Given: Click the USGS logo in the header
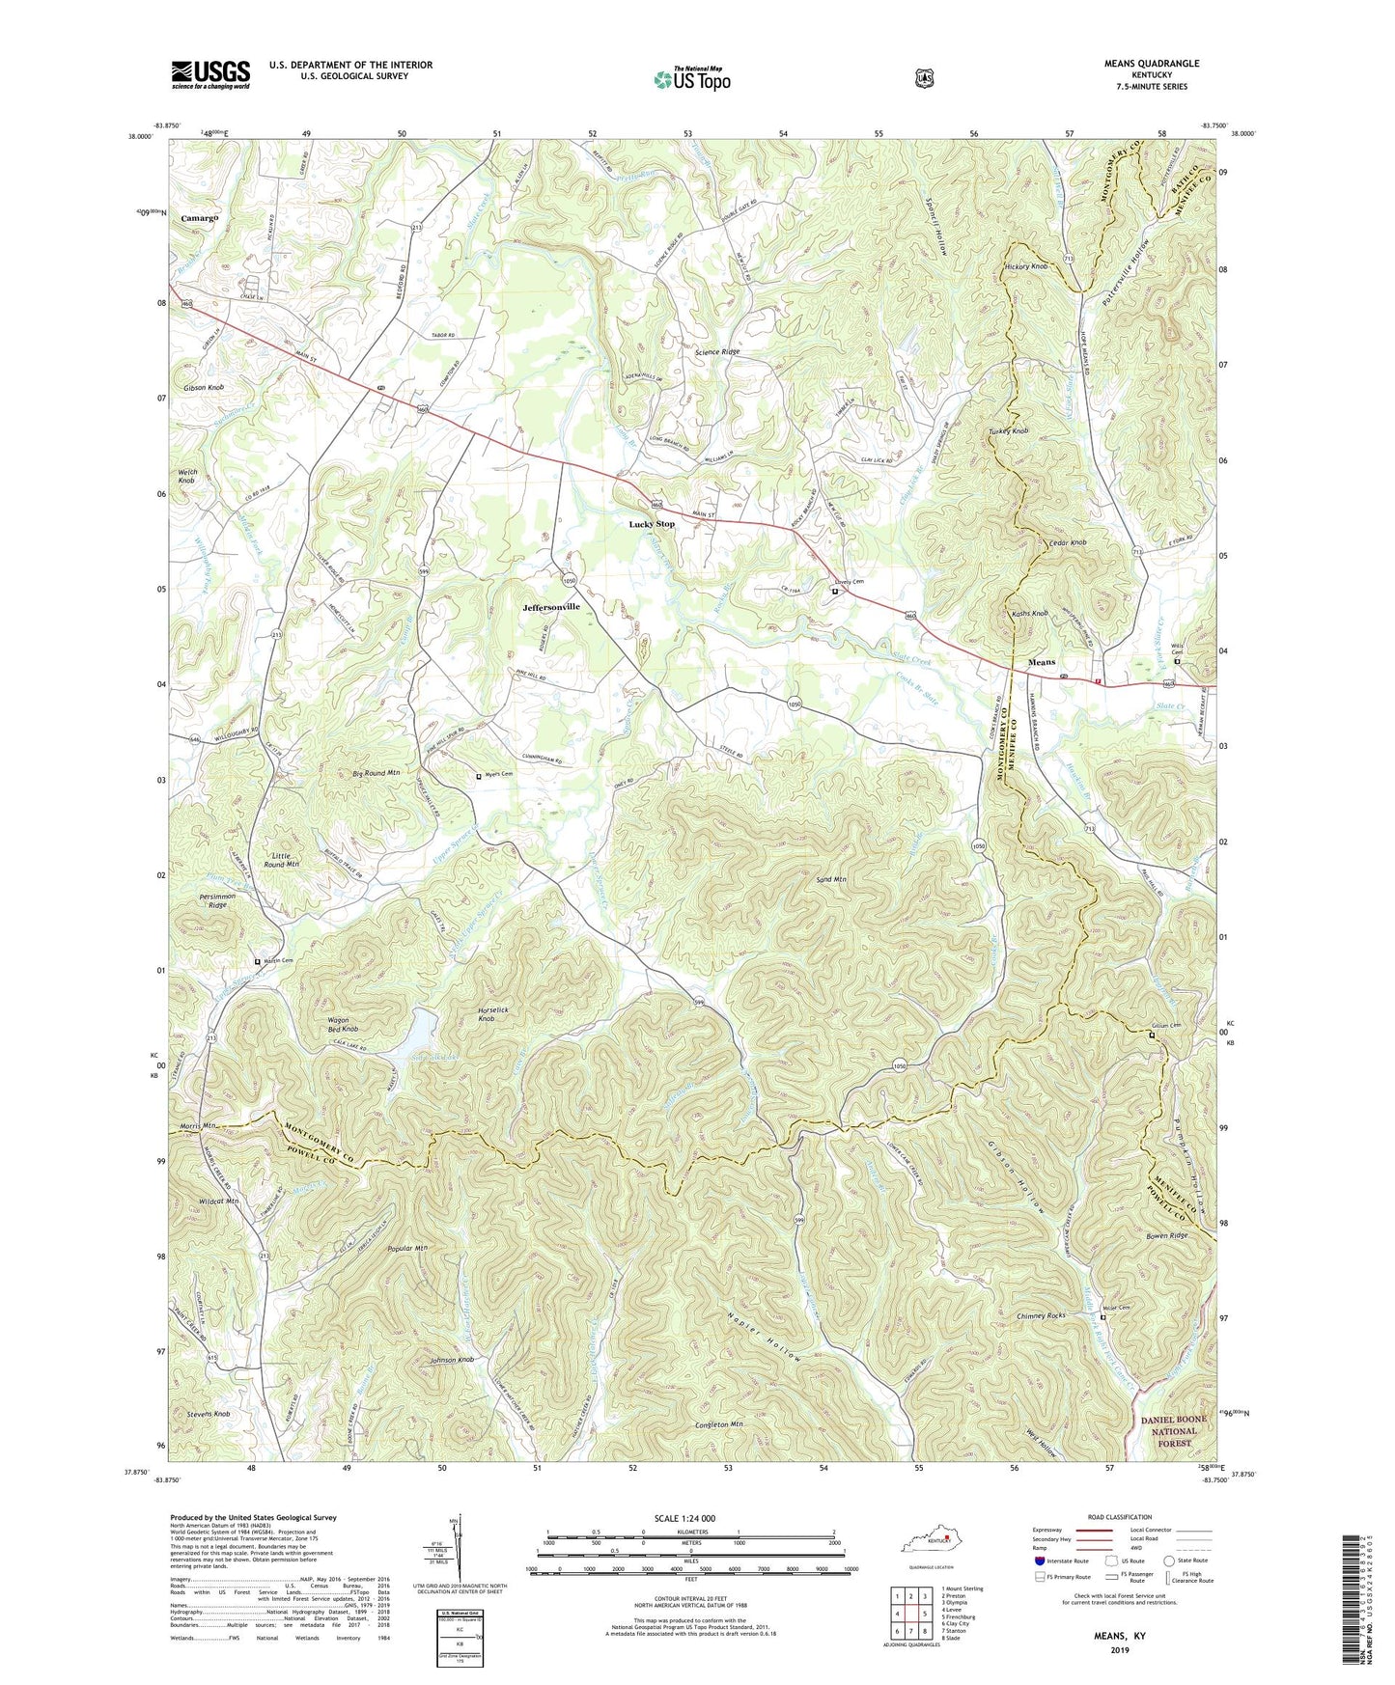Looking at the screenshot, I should [210, 74].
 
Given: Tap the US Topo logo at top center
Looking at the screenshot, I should [691, 79].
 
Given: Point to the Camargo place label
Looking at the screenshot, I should [200, 218].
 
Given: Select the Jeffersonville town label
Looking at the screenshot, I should [551, 607].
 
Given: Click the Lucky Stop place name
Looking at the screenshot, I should [652, 524].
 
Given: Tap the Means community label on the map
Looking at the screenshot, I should [1041, 663].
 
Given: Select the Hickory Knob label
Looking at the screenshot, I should [1025, 266].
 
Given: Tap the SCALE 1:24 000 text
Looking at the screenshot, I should [690, 1518].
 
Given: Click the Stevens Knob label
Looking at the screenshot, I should [202, 1414].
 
